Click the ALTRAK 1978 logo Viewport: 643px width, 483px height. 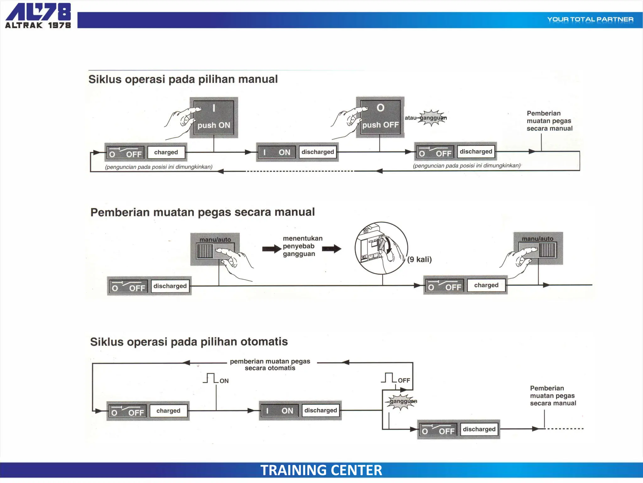[38, 16]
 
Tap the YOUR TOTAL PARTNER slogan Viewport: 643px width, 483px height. [590, 19]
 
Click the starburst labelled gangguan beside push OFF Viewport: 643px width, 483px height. [432, 118]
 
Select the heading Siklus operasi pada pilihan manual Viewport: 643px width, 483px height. [183, 79]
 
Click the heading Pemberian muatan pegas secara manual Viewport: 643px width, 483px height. [203, 212]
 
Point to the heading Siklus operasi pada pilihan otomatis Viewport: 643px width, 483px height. [189, 342]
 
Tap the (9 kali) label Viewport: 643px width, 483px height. [419, 259]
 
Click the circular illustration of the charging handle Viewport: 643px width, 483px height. [381, 248]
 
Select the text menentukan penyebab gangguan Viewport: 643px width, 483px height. [302, 246]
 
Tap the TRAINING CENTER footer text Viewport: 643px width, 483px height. [321, 470]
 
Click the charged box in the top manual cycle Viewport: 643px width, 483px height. [166, 152]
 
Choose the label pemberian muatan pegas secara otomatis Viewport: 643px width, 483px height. [270, 365]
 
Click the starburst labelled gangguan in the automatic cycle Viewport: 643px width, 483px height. [402, 402]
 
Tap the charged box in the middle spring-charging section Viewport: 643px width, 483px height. [486, 285]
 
